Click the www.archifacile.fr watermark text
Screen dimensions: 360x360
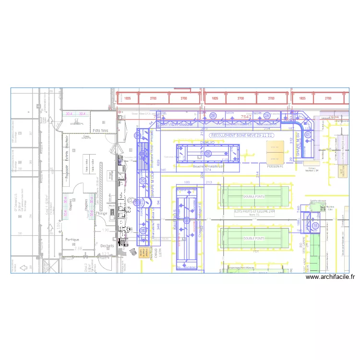coord(330,277)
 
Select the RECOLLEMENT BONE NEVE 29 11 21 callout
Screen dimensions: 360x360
coord(242,136)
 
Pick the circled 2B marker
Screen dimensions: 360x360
coord(213,116)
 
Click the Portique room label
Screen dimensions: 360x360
coord(72,239)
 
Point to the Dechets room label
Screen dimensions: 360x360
coord(107,246)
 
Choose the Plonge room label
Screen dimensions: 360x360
coord(102,213)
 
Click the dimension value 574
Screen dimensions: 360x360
coord(208,170)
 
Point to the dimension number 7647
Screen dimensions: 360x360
coord(246,117)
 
